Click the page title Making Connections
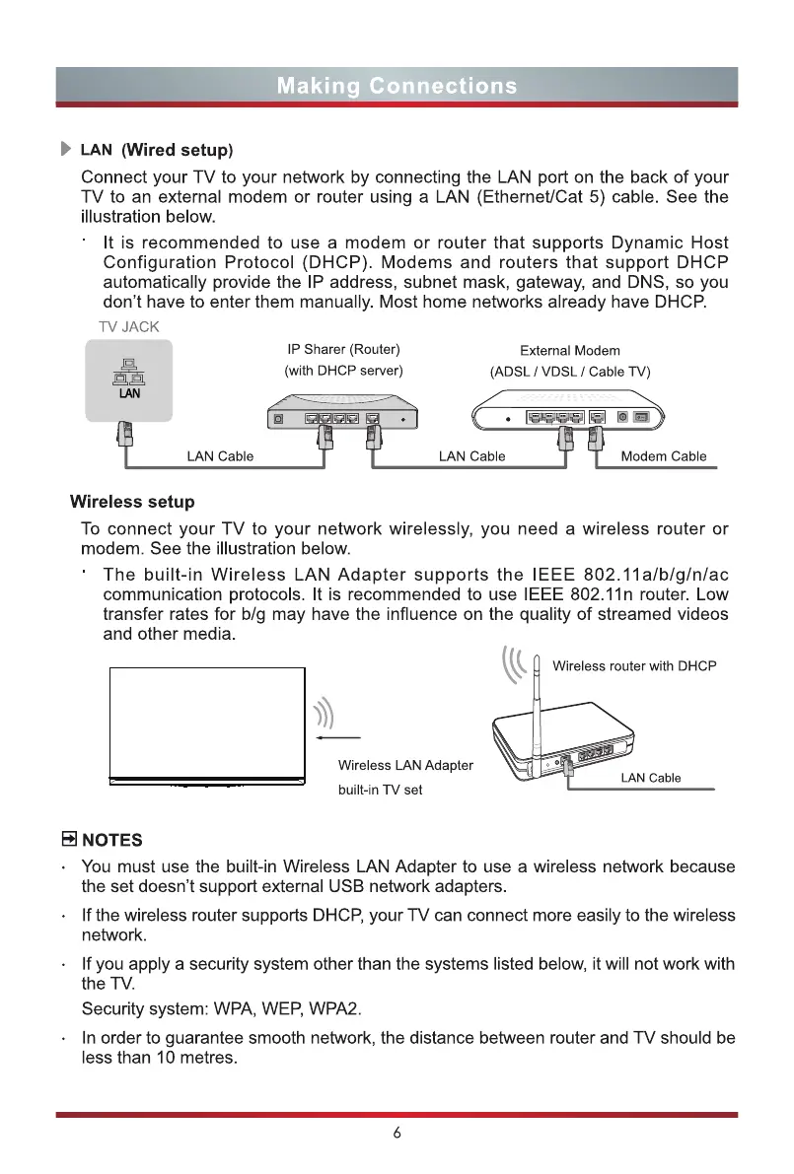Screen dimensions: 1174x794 click(x=397, y=86)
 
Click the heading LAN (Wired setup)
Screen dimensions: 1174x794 click(x=157, y=150)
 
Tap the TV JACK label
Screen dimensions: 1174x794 click(x=127, y=327)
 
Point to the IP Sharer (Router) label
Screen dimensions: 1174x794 click(x=343, y=349)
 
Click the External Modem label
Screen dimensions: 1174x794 click(x=569, y=350)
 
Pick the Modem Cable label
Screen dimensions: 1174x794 click(x=663, y=456)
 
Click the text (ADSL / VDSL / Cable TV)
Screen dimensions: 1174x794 click(x=570, y=372)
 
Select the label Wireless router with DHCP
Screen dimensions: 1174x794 click(x=634, y=665)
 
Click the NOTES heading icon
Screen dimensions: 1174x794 click(x=69, y=840)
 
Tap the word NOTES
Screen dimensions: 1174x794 click(x=111, y=840)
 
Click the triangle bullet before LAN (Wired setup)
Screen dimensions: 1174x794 click(x=66, y=150)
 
